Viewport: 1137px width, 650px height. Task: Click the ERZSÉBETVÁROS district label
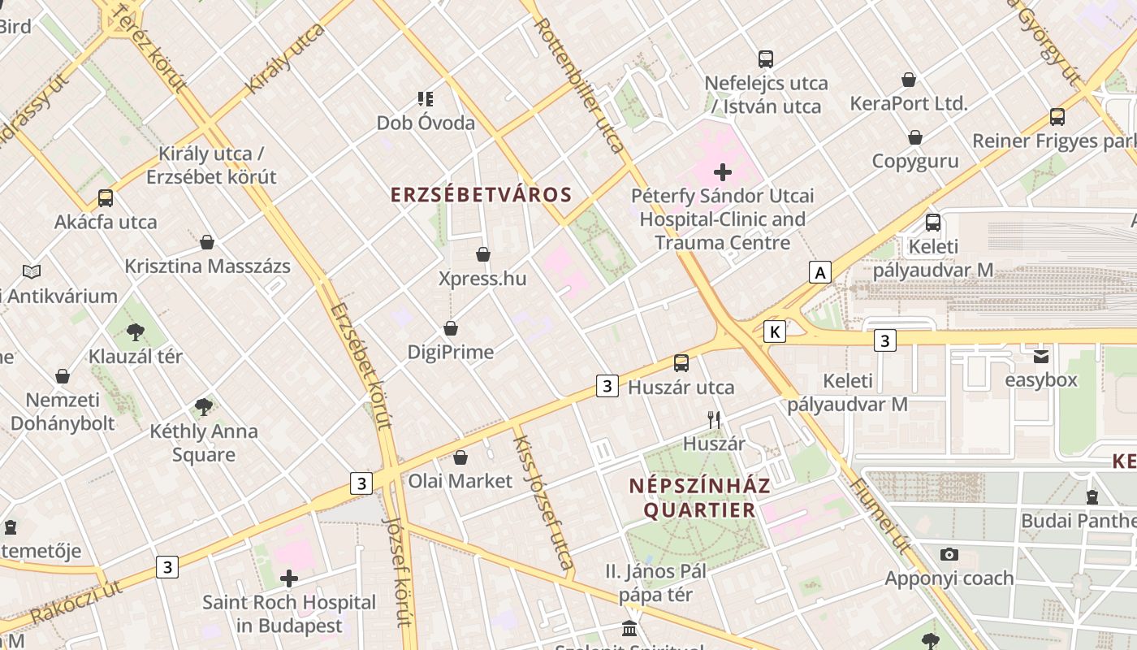pyautogui.click(x=481, y=195)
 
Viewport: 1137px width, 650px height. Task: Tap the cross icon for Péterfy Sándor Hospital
pyautogui.click(x=722, y=172)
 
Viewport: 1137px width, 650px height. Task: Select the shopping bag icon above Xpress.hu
pyautogui.click(x=483, y=255)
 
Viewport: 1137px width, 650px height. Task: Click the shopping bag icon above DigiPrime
pyautogui.click(x=451, y=328)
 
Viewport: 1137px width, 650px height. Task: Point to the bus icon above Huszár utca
pyautogui.click(x=681, y=363)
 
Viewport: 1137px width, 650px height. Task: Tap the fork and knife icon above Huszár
pyautogui.click(x=714, y=420)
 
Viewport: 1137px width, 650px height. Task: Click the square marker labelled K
pyautogui.click(x=775, y=331)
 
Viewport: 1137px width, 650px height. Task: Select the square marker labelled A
pyautogui.click(x=820, y=272)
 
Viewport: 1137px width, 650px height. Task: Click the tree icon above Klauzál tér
pyautogui.click(x=136, y=331)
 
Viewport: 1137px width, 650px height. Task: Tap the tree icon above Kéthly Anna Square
pyautogui.click(x=204, y=407)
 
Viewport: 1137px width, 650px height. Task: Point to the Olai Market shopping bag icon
pyautogui.click(x=460, y=457)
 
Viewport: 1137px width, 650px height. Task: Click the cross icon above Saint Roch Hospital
pyautogui.click(x=289, y=578)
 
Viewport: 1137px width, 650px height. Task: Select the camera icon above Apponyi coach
pyautogui.click(x=949, y=555)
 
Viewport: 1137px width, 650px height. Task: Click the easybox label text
pyautogui.click(x=1041, y=380)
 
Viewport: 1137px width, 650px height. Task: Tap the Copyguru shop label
pyautogui.click(x=915, y=161)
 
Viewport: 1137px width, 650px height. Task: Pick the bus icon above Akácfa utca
pyautogui.click(x=106, y=198)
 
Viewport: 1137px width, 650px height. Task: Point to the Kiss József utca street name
pyautogui.click(x=543, y=501)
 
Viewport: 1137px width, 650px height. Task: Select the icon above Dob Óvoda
pyautogui.click(x=426, y=99)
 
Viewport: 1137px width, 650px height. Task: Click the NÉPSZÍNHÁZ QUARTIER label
pyautogui.click(x=699, y=498)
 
